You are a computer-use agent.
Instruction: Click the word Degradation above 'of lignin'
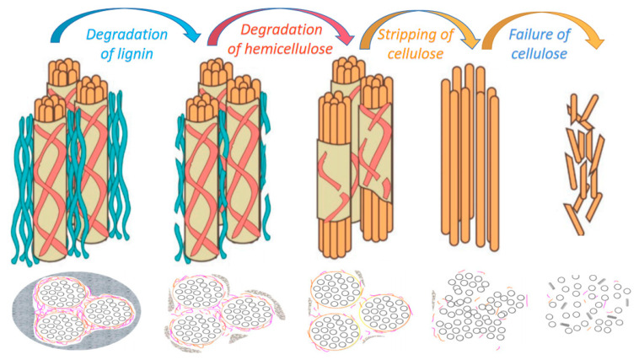(x=124, y=34)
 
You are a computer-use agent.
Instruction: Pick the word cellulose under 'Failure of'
(x=540, y=55)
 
